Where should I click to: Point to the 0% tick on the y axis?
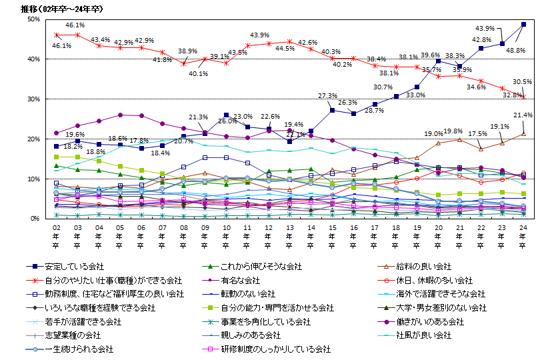click(x=34, y=218)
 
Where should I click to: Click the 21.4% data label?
click(x=523, y=115)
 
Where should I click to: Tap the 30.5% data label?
click(x=523, y=82)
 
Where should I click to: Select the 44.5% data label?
click(x=285, y=49)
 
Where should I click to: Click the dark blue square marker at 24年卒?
click(x=523, y=25)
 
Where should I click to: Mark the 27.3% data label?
click(x=328, y=95)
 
